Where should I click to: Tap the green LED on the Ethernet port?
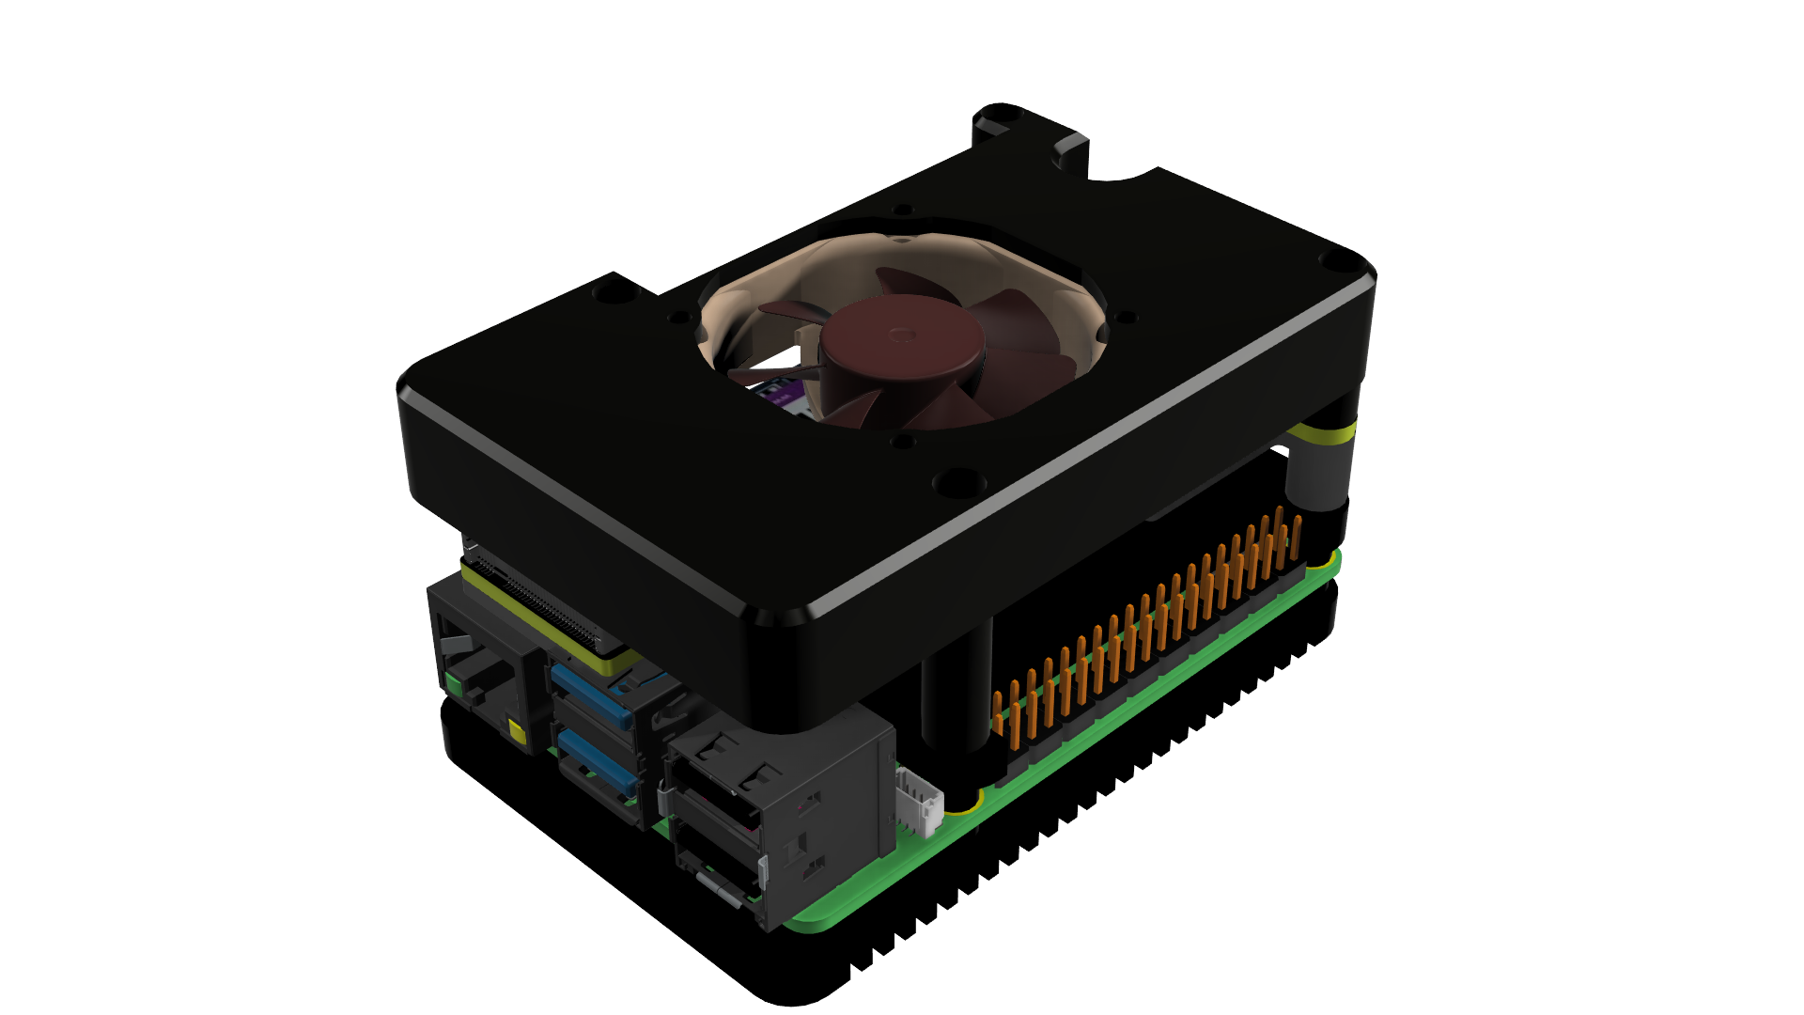pyautogui.click(x=454, y=683)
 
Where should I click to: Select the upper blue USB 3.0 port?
pyautogui.click(x=591, y=695)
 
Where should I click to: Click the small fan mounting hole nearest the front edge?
pyautogui.click(x=901, y=439)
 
